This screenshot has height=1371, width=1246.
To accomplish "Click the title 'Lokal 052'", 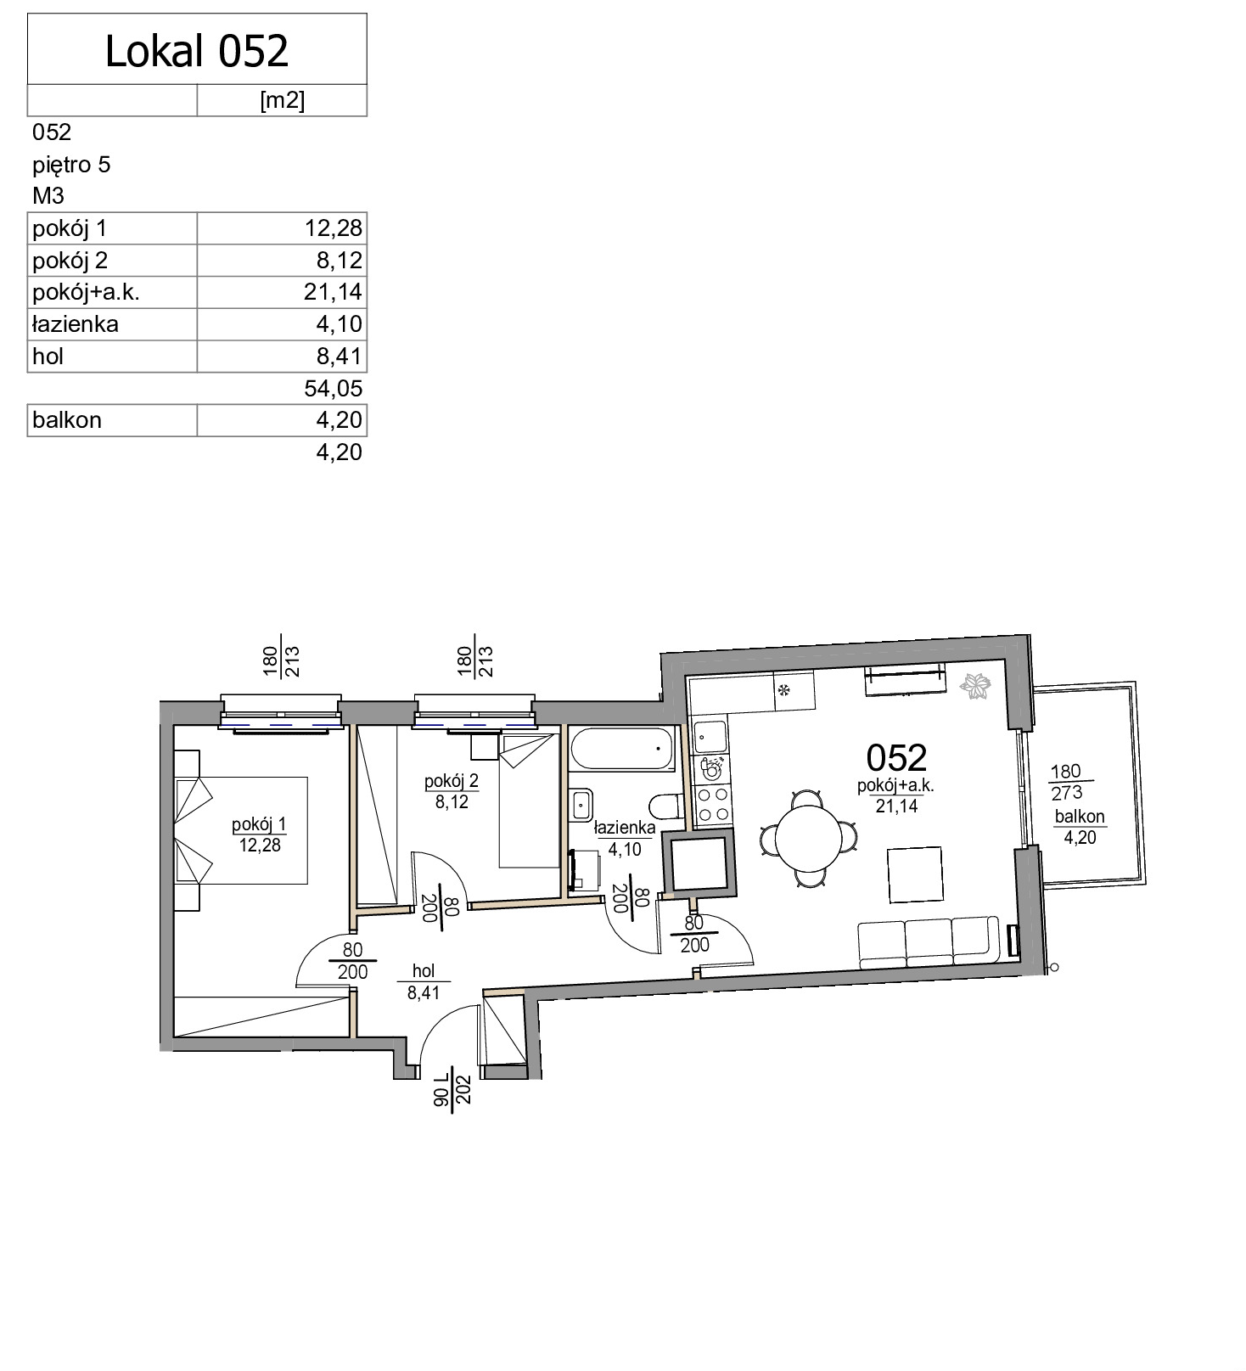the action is [x=197, y=51].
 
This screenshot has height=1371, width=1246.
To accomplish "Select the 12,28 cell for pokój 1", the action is [x=334, y=228].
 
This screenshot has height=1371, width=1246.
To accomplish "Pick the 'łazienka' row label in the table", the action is [x=76, y=324].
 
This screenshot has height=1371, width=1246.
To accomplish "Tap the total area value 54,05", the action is [x=334, y=389].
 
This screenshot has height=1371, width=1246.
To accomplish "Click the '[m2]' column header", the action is [x=282, y=101].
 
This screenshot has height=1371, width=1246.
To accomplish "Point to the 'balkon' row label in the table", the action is [x=67, y=420].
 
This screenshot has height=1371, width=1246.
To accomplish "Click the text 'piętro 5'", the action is [x=71, y=165].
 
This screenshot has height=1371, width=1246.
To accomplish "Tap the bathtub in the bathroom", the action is [x=623, y=748].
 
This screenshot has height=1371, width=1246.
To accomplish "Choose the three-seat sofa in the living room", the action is [x=928, y=941].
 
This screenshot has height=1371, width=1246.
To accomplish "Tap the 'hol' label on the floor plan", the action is [x=424, y=971].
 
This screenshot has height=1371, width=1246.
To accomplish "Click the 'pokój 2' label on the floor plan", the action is [x=452, y=781].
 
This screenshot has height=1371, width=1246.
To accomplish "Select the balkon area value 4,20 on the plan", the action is [x=1080, y=837].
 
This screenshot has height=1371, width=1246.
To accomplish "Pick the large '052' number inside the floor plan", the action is [x=896, y=756].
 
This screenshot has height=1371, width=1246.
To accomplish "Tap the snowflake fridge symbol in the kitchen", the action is [x=784, y=689].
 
